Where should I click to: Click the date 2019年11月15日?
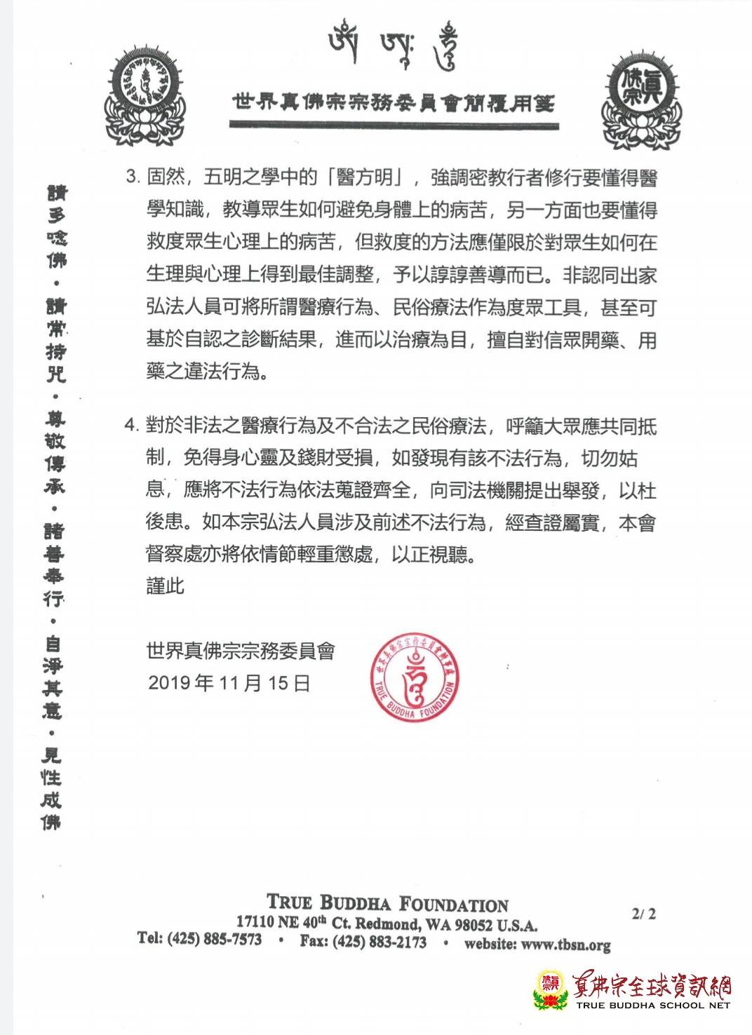point(229,682)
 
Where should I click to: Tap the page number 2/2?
point(644,914)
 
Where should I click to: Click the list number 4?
point(132,425)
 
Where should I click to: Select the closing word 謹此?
point(165,585)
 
